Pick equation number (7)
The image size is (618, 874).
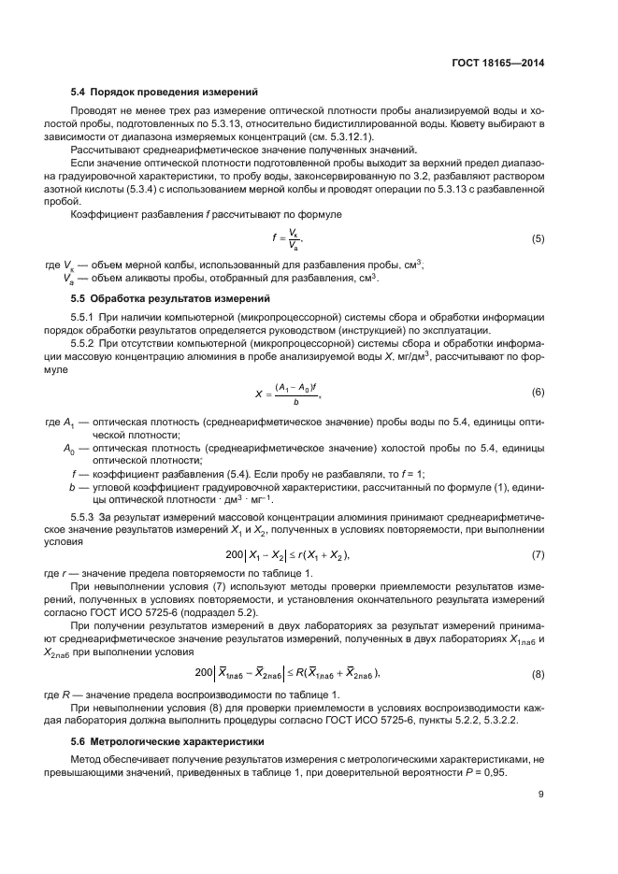pos(538,555)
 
